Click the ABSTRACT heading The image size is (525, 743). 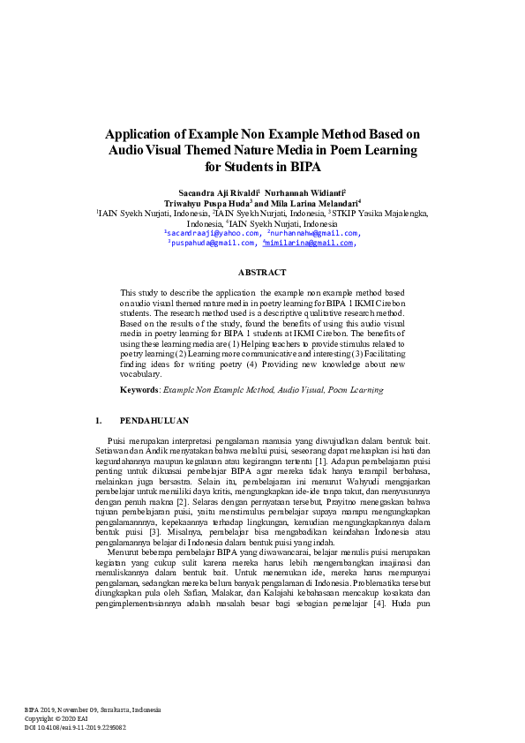click(262, 273)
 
